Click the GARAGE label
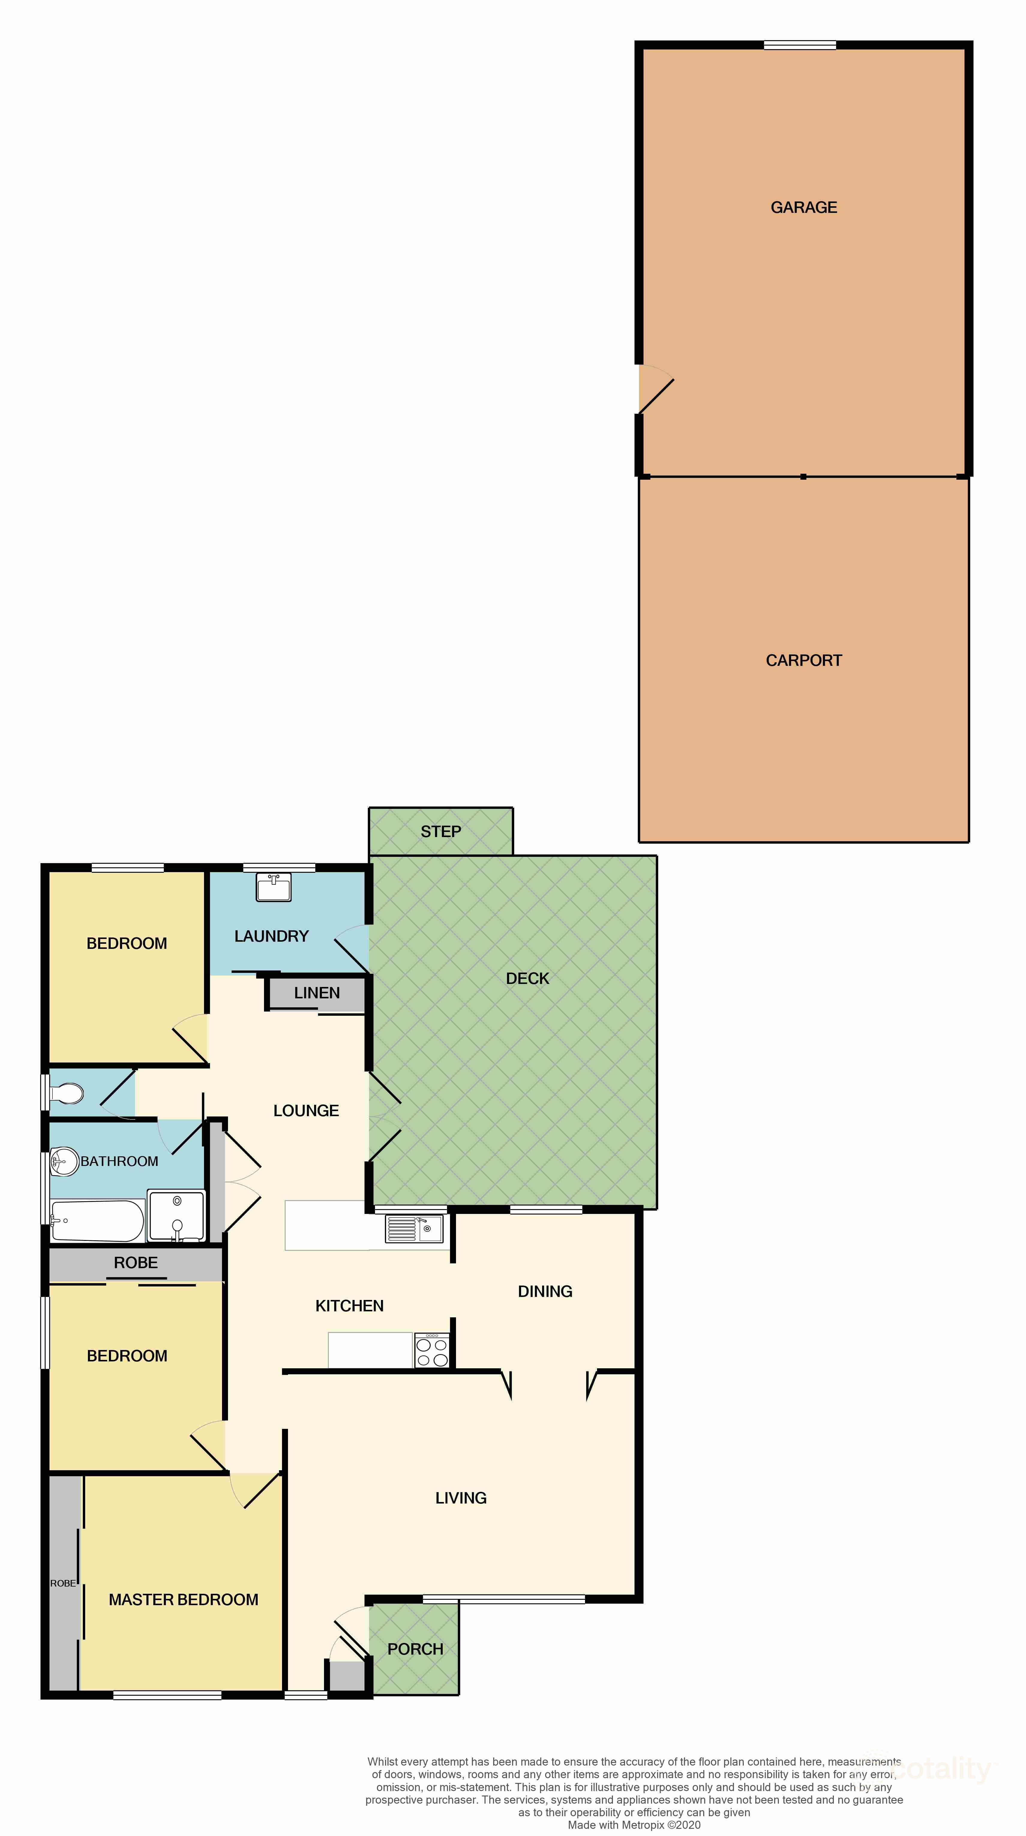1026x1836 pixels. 803,207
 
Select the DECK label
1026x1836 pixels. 528,979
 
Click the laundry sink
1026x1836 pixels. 273,887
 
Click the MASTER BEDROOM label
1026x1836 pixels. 183,1599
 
